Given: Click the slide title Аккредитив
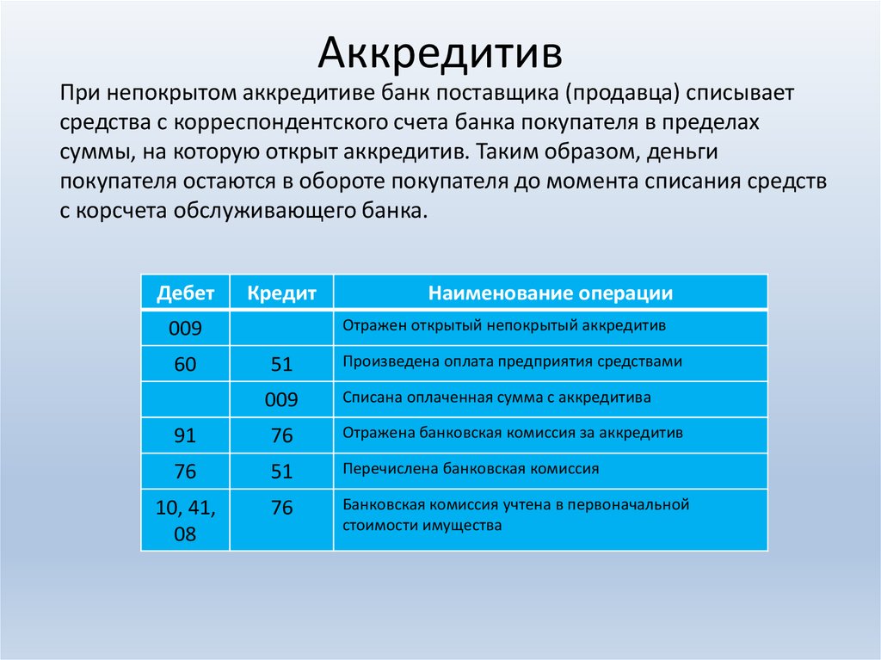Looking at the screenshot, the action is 440,52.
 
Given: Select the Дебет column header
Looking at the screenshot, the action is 186,293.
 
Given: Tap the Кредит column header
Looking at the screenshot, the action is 281,293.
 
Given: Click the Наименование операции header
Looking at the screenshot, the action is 551,293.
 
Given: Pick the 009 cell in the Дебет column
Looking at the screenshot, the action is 185,329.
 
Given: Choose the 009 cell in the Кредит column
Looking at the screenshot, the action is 281,400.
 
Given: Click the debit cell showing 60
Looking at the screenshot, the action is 185,364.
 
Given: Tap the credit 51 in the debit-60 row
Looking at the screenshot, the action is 281,364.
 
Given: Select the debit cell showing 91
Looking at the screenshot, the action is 185,435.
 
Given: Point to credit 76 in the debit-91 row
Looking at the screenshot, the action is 281,435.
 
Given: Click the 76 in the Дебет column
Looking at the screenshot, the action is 185,471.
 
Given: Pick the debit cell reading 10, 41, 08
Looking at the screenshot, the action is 186,520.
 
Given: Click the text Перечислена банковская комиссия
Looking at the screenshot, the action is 471,469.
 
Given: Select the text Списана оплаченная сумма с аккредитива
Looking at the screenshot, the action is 496,398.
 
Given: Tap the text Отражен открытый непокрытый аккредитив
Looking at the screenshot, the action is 504,326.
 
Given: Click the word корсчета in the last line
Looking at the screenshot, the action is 121,211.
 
